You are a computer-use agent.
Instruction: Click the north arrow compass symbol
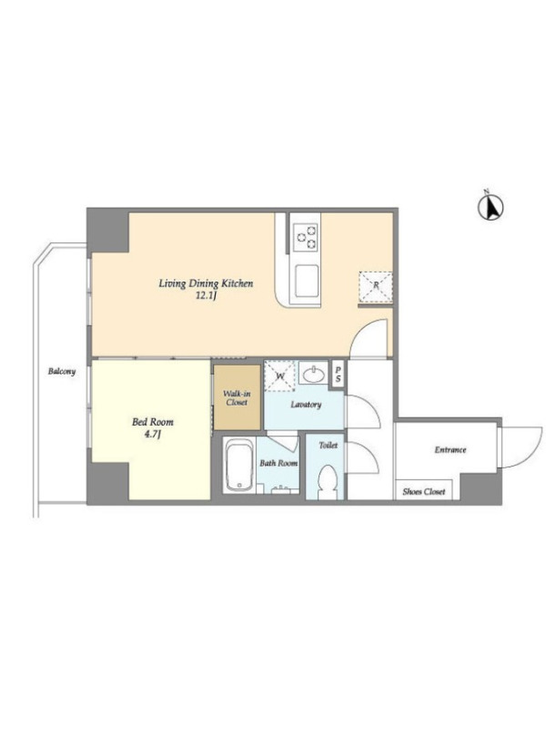click(x=490, y=207)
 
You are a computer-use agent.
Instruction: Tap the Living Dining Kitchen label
click(x=206, y=283)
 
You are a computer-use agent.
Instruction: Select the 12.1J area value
click(x=207, y=295)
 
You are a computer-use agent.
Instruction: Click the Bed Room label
click(x=153, y=422)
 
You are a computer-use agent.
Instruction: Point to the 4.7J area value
click(x=152, y=435)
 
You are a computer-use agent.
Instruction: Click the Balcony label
click(x=62, y=372)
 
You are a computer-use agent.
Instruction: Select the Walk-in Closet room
click(x=237, y=397)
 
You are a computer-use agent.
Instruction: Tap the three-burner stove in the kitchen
click(x=305, y=237)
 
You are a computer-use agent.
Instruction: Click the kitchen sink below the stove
click(x=307, y=282)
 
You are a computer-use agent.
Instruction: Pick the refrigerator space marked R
click(x=376, y=287)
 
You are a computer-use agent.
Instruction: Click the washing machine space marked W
click(x=279, y=375)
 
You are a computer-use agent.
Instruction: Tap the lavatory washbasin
click(x=313, y=373)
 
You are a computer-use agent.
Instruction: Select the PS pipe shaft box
click(x=338, y=375)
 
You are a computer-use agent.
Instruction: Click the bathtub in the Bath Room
click(x=238, y=466)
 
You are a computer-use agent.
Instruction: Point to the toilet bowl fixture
click(x=328, y=482)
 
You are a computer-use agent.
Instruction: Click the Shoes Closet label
click(x=423, y=491)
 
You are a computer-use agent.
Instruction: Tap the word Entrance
click(x=450, y=450)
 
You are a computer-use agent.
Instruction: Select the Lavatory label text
click(x=306, y=405)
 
